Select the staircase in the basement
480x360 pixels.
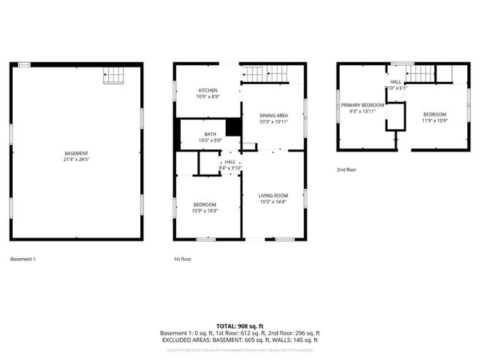(114, 75)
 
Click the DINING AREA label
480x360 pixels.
(274, 115)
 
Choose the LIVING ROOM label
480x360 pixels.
(274, 194)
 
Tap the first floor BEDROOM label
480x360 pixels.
(205, 205)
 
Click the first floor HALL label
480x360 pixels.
(230, 161)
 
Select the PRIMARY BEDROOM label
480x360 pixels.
(362, 105)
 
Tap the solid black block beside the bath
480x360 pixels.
(234, 127)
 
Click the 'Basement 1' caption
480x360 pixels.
(22, 259)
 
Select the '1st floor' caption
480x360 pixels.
(183, 259)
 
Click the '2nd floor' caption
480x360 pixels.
(346, 170)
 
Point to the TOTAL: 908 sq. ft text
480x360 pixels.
(240, 326)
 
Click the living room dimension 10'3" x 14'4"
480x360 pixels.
(274, 201)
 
